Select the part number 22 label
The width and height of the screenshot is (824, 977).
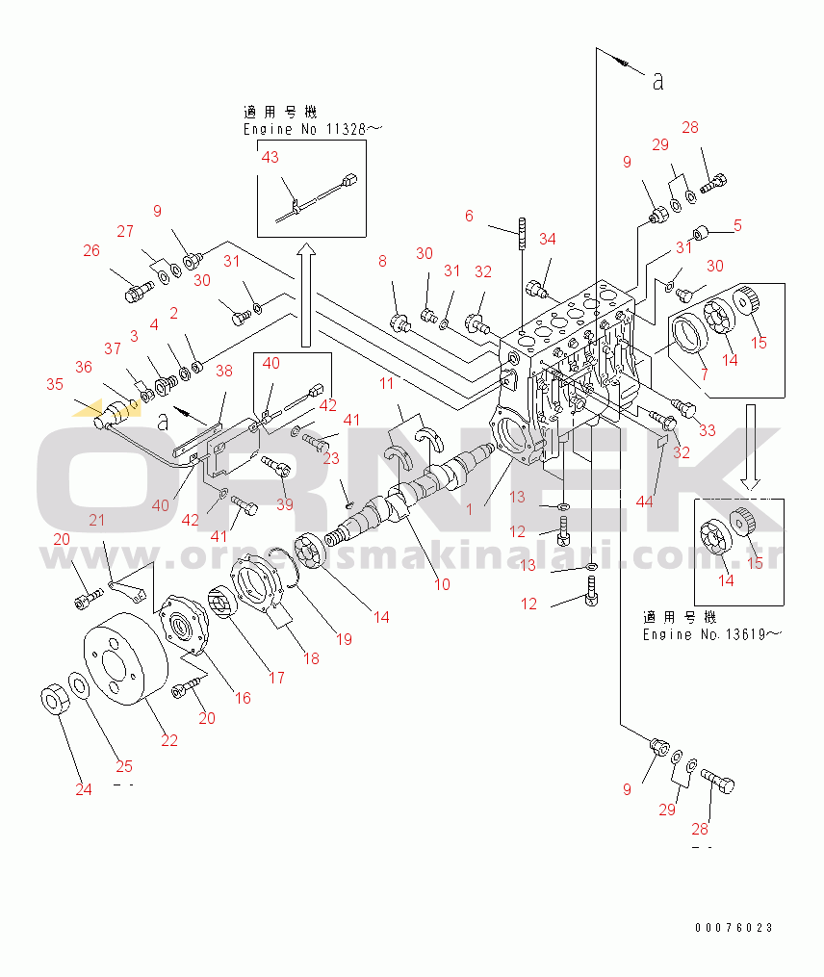[x=169, y=740]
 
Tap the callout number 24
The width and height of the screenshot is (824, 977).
[x=85, y=789]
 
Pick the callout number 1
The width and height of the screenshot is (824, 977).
[x=470, y=509]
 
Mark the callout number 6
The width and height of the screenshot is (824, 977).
[x=469, y=216]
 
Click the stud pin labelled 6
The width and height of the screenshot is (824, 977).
[x=523, y=236]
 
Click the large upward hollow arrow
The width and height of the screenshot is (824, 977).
[x=304, y=295]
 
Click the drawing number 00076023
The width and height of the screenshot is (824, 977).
[x=734, y=928]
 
